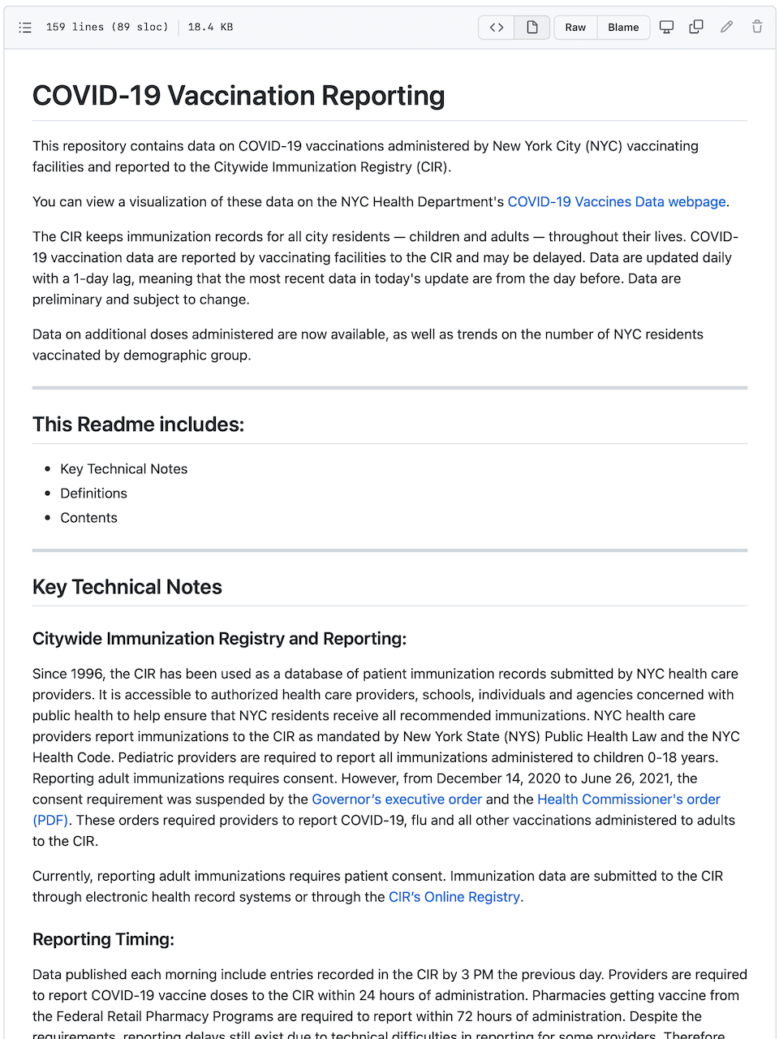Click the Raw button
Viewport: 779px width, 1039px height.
tap(575, 27)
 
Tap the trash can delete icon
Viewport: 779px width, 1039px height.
tap(756, 27)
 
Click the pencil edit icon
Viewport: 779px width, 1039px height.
tap(726, 27)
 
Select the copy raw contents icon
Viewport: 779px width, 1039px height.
tap(696, 27)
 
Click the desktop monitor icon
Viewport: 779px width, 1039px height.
tap(666, 27)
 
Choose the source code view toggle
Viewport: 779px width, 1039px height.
tap(497, 27)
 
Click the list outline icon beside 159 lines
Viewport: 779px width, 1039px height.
tap(25, 27)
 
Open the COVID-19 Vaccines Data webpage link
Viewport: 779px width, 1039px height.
tap(617, 201)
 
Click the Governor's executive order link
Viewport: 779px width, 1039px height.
tap(397, 799)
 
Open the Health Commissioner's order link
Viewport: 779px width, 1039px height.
tap(628, 799)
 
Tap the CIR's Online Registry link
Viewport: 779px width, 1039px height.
tap(454, 896)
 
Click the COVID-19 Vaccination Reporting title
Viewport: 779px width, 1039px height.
tap(239, 96)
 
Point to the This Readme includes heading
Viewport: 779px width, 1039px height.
tap(138, 425)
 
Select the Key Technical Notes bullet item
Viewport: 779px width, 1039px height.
tap(123, 468)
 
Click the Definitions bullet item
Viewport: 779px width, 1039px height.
tap(93, 493)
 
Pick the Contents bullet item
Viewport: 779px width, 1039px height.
tap(88, 517)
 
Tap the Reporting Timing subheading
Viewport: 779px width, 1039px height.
tap(103, 939)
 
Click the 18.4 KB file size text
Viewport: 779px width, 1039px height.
tap(210, 27)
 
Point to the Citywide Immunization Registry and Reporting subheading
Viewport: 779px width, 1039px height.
tap(219, 639)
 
